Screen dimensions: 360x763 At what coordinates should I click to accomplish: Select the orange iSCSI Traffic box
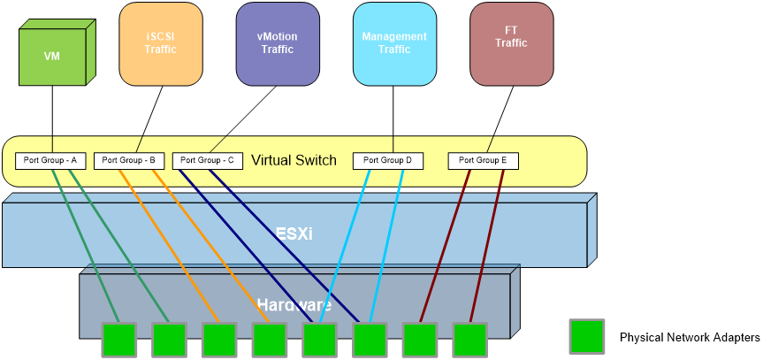click(x=161, y=43)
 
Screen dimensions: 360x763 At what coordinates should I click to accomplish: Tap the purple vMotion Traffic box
click(x=277, y=43)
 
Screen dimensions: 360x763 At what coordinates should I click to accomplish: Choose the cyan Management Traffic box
click(x=394, y=43)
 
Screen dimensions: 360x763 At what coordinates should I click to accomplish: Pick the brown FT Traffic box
click(x=510, y=43)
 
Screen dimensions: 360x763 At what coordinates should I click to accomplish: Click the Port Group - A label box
click(x=50, y=161)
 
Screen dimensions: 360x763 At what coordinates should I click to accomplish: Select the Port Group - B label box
click(x=129, y=161)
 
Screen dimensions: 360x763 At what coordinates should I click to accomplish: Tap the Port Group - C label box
click(x=208, y=161)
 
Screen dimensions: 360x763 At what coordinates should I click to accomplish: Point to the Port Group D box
click(x=387, y=161)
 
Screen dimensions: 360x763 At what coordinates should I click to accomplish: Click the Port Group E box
click(x=483, y=161)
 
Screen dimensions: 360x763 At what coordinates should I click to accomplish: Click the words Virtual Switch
click(x=294, y=160)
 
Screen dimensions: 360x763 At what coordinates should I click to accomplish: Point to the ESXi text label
click(x=294, y=234)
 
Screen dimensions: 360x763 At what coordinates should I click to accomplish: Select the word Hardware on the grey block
click(x=294, y=305)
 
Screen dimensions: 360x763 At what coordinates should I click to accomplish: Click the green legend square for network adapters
click(x=587, y=337)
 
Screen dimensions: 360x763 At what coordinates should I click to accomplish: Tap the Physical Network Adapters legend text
click(x=690, y=338)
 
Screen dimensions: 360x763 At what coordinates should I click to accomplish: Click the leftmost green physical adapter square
click(x=118, y=340)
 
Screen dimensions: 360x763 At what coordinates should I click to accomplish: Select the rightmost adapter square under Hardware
click(x=470, y=340)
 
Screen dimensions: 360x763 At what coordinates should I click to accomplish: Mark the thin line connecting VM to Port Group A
click(x=52, y=119)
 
